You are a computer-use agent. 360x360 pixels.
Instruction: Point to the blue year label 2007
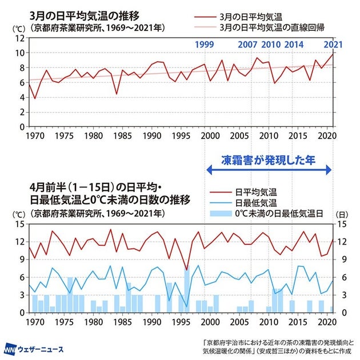tap(247, 44)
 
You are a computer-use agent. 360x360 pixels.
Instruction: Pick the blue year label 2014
tap(294, 44)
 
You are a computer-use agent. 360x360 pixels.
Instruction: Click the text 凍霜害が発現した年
tap(268, 161)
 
